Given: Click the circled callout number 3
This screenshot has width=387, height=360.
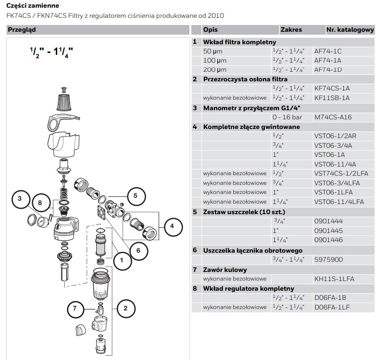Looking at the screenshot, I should [x=19, y=199].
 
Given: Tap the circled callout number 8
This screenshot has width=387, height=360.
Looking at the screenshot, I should [x=40, y=203].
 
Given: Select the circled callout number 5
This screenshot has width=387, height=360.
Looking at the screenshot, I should [x=135, y=195].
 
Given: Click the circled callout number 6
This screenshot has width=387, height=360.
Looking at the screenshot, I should [x=137, y=250].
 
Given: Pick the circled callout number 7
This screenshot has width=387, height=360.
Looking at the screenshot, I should [x=75, y=309].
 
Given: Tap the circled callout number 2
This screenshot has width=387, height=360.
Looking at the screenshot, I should [x=125, y=309].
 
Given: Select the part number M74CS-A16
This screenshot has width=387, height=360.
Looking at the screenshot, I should [x=333, y=117].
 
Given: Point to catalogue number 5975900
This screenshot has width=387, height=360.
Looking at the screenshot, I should [x=328, y=259].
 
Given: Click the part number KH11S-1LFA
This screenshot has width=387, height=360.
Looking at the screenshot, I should [x=334, y=279].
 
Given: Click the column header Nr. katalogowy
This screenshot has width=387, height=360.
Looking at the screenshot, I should [x=350, y=29].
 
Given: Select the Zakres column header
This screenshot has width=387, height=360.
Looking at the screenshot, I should [x=291, y=29].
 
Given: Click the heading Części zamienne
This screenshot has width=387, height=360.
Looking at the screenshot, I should [x=33, y=5].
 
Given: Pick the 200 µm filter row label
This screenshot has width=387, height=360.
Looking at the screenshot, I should [x=214, y=70].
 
